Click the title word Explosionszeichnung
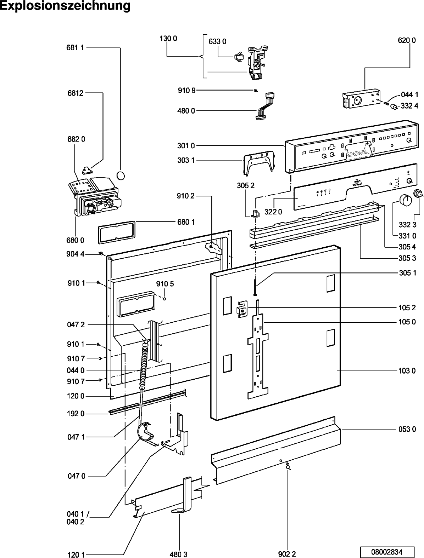click(x=65, y=6)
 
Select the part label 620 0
click(x=407, y=40)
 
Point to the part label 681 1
click(x=75, y=47)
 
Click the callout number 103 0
click(x=407, y=370)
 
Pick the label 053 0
click(x=407, y=429)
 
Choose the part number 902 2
click(x=287, y=554)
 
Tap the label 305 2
click(x=246, y=185)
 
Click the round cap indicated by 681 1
click(x=121, y=175)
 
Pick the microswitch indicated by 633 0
click(x=238, y=56)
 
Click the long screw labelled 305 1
click(x=255, y=287)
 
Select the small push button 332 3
click(x=419, y=193)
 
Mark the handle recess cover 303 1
click(x=260, y=163)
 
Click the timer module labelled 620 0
click(x=360, y=98)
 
